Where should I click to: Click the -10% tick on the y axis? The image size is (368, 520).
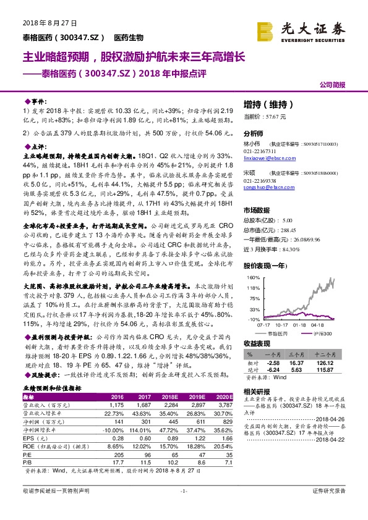[252, 320]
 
